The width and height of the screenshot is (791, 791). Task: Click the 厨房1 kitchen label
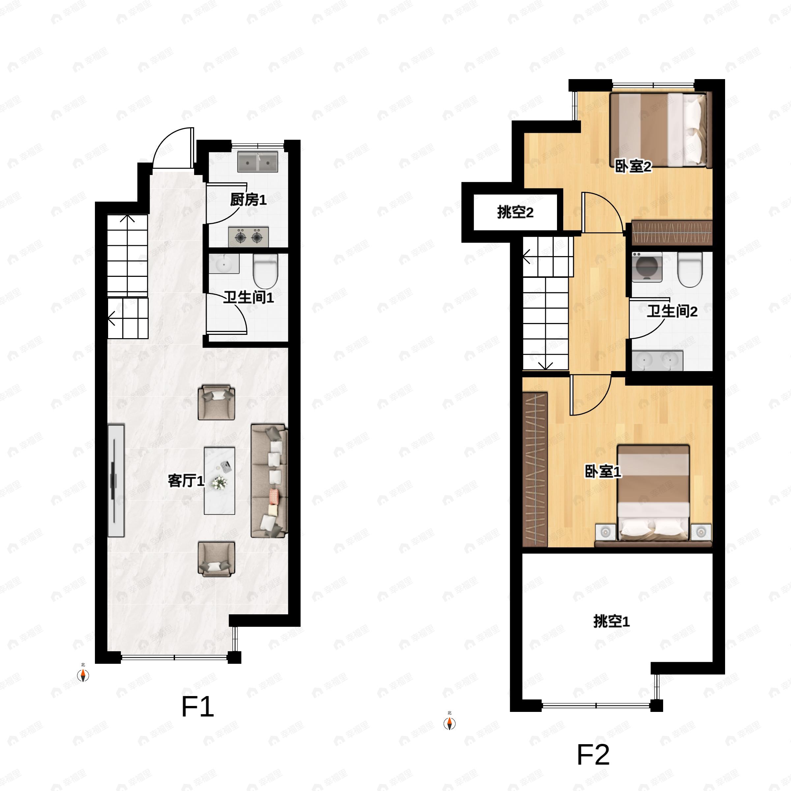[x=248, y=200]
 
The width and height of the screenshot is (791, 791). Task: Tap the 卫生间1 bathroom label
[x=249, y=297]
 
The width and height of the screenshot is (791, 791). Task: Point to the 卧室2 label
[x=633, y=166]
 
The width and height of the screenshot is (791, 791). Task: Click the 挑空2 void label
[x=515, y=213]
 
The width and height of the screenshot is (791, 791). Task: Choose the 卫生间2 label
[x=672, y=311]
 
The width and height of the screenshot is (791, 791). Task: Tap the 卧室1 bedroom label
[x=603, y=471]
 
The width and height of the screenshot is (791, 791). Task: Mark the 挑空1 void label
[x=611, y=622]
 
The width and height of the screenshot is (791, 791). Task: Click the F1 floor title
[x=197, y=706]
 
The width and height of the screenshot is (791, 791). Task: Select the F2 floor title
[x=593, y=754]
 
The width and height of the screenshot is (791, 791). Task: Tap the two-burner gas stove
[x=249, y=237]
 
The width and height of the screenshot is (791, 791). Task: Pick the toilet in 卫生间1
[x=266, y=272]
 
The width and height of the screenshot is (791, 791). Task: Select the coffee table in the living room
[x=220, y=481]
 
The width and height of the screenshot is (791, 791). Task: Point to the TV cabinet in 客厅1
[x=116, y=481]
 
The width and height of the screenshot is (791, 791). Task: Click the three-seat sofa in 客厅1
[x=269, y=481]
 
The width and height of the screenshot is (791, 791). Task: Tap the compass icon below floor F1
[x=83, y=675]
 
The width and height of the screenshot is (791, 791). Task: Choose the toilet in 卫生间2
[x=689, y=269]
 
